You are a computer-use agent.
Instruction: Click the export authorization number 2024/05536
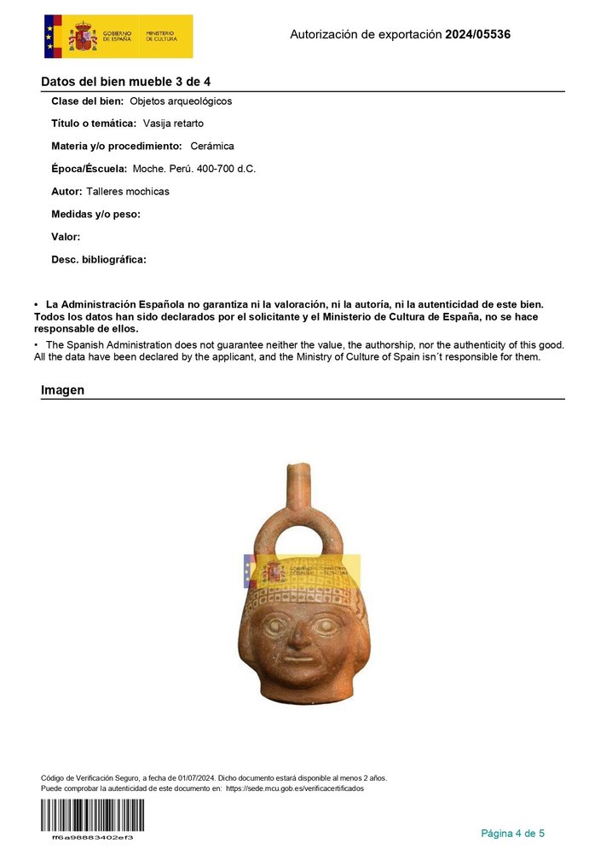477,35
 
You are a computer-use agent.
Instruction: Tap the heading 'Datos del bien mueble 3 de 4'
125,82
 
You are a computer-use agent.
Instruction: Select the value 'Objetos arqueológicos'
181,101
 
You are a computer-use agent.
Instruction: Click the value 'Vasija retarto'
173,124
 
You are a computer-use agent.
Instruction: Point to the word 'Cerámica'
212,147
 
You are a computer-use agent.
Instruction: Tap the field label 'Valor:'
66,237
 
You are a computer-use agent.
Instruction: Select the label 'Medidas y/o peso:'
95,215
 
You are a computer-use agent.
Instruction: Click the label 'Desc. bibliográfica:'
99,260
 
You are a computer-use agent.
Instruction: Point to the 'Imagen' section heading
62,390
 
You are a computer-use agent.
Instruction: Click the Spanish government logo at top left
118,36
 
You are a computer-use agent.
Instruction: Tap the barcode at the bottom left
92,816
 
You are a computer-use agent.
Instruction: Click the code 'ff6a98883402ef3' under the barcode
92,837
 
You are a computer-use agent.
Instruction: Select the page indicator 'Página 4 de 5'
512,833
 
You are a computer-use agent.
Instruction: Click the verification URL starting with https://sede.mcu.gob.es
295,788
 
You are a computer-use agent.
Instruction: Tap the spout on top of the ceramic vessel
297,482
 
